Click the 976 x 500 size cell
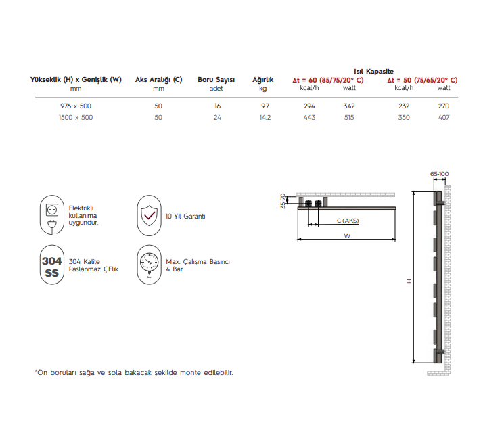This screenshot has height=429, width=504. pyautogui.click(x=76, y=106)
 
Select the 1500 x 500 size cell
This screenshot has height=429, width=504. pyautogui.click(x=76, y=118)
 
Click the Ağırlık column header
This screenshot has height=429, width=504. pyautogui.click(x=262, y=80)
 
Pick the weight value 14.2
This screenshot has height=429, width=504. pyautogui.click(x=265, y=118)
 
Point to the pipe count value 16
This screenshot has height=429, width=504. pyautogui.click(x=217, y=106)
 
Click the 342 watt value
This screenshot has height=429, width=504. pyautogui.click(x=349, y=106)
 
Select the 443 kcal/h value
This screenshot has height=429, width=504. pyautogui.click(x=310, y=118)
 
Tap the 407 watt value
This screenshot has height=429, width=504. pyautogui.click(x=444, y=118)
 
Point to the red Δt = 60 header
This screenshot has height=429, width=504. pyautogui.click(x=327, y=80)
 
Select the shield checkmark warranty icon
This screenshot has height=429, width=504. pyautogui.click(x=149, y=215)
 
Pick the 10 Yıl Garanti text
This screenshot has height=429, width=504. pyautogui.click(x=185, y=217)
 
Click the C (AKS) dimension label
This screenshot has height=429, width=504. pyautogui.click(x=347, y=221)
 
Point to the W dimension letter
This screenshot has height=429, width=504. pyautogui.click(x=347, y=236)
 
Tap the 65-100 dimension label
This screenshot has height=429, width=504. pyautogui.click(x=439, y=174)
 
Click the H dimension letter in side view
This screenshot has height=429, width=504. pyautogui.click(x=409, y=280)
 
